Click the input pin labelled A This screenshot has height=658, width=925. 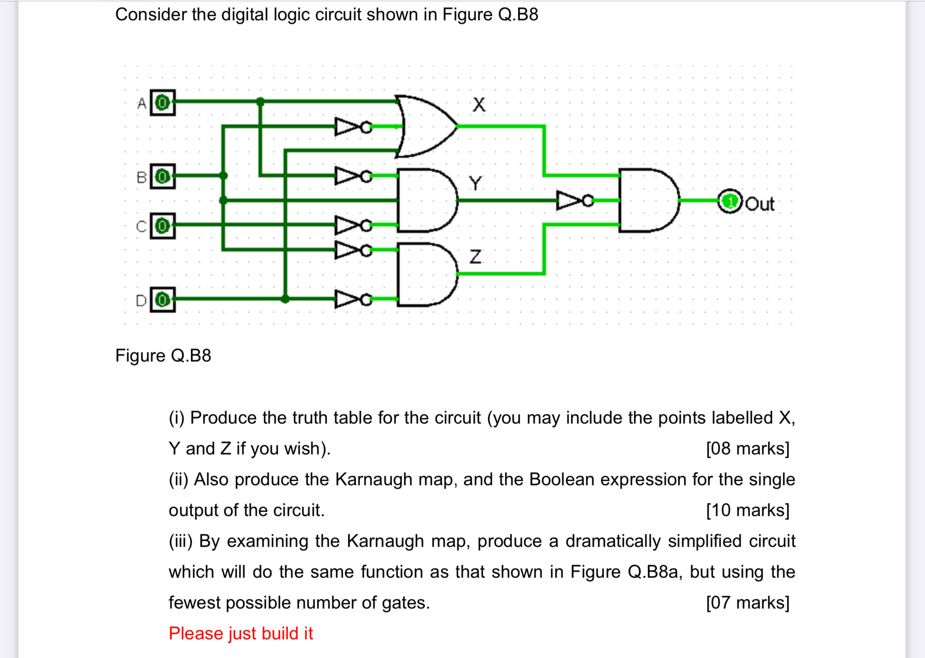(162, 103)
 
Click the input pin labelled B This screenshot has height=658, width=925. (162, 176)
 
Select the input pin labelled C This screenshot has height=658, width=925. (162, 226)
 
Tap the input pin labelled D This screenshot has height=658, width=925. (162, 300)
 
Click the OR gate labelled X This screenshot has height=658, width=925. (424, 126)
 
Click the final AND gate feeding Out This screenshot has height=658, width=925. (647, 200)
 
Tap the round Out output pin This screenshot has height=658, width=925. (729, 201)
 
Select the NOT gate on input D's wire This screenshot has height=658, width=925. (351, 299)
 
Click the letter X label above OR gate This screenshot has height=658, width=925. (479, 104)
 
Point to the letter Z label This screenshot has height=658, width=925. (475, 257)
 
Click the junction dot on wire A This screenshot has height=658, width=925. (260, 101)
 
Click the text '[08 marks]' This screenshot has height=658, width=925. (747, 449)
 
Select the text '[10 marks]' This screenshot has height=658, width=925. (747, 510)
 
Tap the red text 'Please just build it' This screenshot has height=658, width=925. (241, 633)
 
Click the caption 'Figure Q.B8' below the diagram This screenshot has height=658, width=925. (163, 355)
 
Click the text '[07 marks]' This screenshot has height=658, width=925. (747, 603)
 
